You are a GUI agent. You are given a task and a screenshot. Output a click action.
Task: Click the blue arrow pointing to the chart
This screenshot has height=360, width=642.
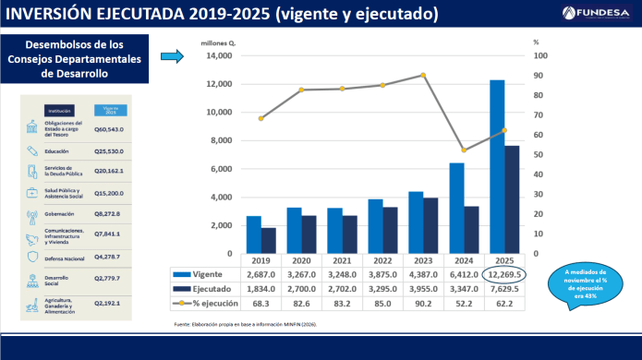click(x=173, y=57)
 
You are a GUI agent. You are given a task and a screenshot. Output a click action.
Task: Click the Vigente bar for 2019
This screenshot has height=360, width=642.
click(x=253, y=234)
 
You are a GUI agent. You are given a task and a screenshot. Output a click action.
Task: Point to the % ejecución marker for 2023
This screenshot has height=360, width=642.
click(x=423, y=75)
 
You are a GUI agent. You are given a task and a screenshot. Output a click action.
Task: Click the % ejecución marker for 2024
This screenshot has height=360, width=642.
click(x=463, y=150)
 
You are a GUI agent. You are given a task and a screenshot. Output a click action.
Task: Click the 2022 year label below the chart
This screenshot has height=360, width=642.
click(x=381, y=261)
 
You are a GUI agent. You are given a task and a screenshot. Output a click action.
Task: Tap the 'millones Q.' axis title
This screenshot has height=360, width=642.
click(x=219, y=42)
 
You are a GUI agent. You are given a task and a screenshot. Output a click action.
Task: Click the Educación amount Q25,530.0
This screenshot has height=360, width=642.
click(x=109, y=150)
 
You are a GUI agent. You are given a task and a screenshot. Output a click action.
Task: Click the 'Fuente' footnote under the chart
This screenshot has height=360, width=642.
click(x=256, y=325)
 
